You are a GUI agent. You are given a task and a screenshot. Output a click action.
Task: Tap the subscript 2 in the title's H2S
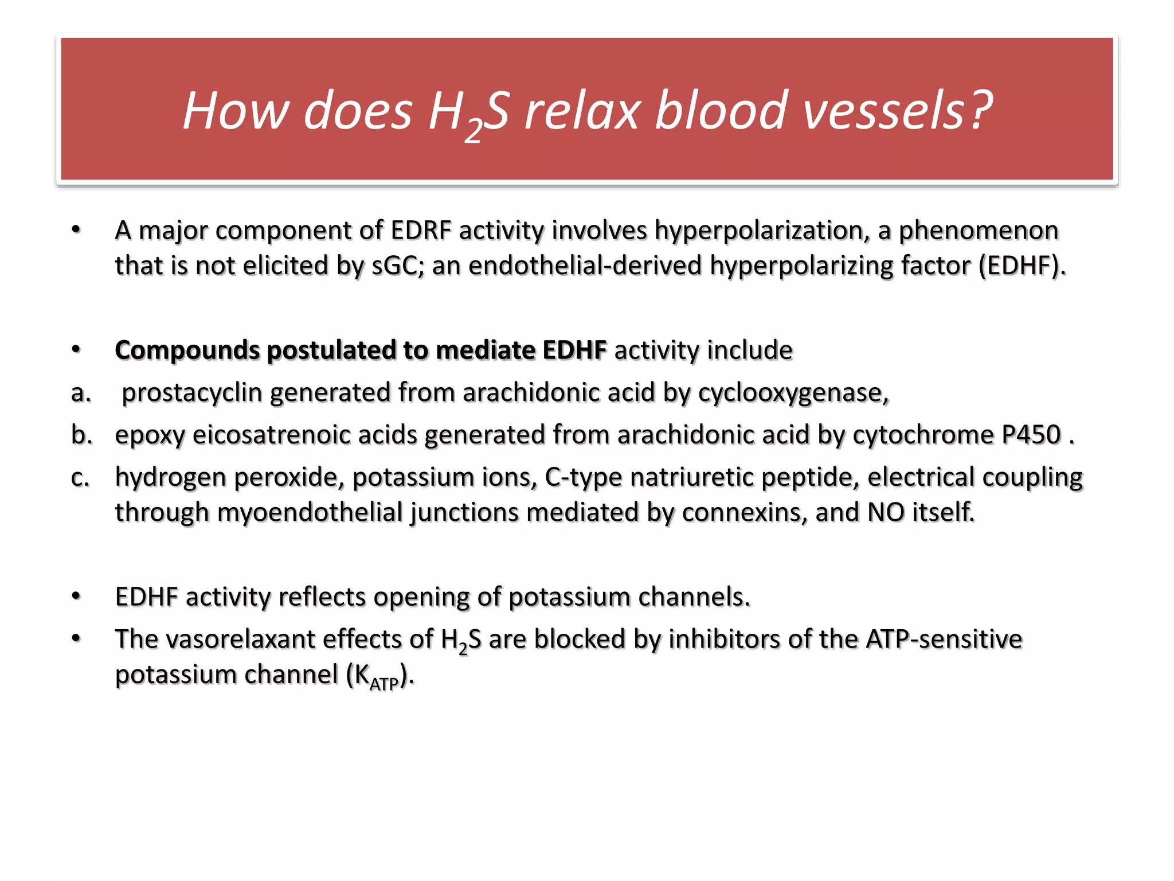[x=473, y=131]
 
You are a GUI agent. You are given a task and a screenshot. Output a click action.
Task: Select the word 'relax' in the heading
[x=582, y=110]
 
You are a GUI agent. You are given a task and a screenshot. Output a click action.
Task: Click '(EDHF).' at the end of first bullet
[x=1022, y=266]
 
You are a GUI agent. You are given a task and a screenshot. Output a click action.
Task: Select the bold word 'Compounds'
[x=187, y=350]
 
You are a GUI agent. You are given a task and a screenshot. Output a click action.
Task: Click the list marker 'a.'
[x=81, y=393]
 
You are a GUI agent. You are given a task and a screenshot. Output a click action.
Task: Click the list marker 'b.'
[x=81, y=435]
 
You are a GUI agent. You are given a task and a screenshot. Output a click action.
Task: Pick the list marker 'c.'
[x=81, y=477]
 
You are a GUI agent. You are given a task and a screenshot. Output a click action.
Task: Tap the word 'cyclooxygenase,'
[x=793, y=393]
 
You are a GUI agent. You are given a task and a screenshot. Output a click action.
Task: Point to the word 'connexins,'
[x=745, y=512]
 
